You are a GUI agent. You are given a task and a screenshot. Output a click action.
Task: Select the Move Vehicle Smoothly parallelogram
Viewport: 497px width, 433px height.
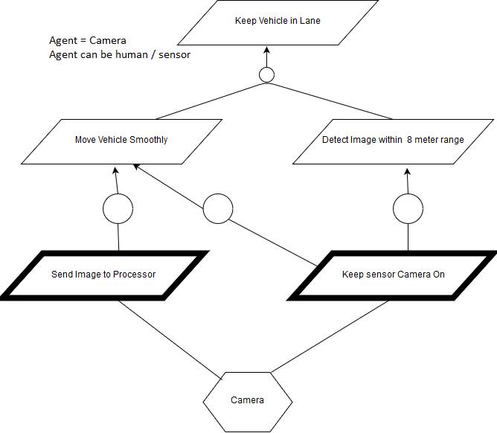[x=121, y=140]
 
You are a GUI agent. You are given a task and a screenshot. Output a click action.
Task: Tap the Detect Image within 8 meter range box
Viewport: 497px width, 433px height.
[x=393, y=140]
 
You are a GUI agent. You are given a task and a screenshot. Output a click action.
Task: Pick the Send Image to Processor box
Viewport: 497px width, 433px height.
[x=103, y=275]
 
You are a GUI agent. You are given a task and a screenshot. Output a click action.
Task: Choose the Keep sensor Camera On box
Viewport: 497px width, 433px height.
[x=393, y=275]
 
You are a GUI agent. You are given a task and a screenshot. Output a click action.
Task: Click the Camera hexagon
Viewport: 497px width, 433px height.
[x=247, y=400]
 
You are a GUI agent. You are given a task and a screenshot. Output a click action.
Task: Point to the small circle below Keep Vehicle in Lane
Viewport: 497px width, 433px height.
[x=266, y=74]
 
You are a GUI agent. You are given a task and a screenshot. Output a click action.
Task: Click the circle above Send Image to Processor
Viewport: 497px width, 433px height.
[x=118, y=210]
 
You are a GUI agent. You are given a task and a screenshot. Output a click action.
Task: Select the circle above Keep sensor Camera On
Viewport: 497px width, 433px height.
[x=408, y=210]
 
